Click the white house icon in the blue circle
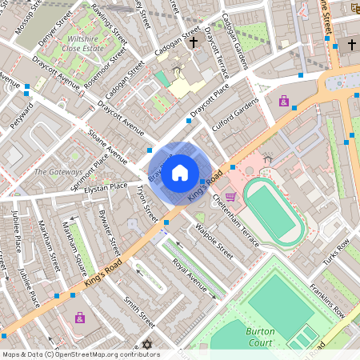(x=180, y=172)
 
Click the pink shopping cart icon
(x=231, y=196)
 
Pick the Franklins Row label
(x=326, y=301)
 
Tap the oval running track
(x=274, y=212)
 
